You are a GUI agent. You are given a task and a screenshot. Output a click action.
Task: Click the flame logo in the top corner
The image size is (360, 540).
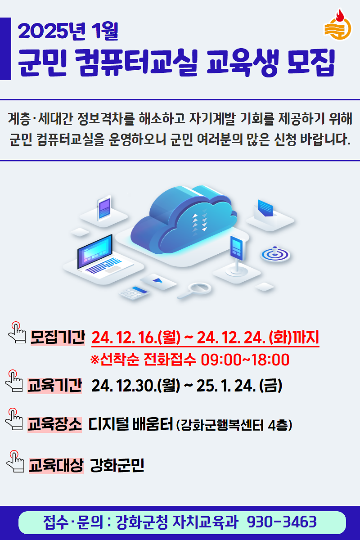337,25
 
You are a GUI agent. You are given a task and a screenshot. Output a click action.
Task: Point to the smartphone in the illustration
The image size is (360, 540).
104,208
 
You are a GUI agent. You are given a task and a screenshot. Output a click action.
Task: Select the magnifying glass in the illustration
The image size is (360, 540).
196,289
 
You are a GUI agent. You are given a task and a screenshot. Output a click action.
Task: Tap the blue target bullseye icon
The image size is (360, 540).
275,254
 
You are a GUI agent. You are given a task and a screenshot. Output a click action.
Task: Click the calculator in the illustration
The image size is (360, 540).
134,292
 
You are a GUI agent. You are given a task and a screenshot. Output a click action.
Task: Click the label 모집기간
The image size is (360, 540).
57,337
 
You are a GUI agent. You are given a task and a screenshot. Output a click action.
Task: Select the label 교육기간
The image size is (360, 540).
54,386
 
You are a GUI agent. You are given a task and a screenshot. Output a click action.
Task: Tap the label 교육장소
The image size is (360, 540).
54,424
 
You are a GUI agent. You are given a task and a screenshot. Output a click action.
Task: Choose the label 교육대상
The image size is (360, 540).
56,465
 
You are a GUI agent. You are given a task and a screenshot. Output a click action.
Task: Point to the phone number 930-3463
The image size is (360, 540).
282,522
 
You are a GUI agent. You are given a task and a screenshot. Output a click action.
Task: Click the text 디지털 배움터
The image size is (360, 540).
131,424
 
